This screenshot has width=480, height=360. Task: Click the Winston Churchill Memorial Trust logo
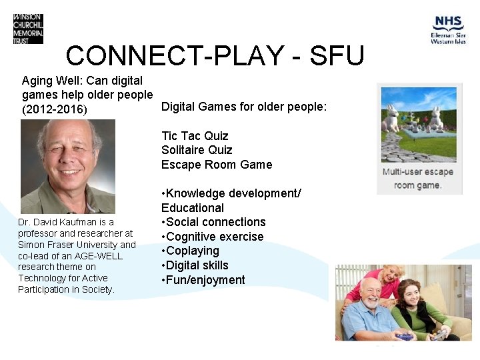click(28, 29)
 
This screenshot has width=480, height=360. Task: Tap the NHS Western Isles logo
click(447, 30)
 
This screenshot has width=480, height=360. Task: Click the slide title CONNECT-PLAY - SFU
click(215, 56)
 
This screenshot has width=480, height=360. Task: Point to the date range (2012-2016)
click(55, 109)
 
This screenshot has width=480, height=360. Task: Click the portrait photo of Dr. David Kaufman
click(67, 166)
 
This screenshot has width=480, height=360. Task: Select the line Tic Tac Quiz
click(195, 136)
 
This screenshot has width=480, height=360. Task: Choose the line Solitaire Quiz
click(197, 150)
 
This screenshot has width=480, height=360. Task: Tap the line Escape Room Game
click(217, 164)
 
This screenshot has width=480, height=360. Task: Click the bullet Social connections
click(213, 222)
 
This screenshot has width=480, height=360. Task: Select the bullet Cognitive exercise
click(213, 237)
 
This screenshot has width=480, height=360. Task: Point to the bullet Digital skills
click(195, 265)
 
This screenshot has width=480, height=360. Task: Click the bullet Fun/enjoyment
click(203, 280)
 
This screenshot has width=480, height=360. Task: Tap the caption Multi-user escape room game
click(417, 178)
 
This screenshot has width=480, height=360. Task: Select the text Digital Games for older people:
click(244, 107)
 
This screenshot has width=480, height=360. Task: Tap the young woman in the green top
click(427, 310)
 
